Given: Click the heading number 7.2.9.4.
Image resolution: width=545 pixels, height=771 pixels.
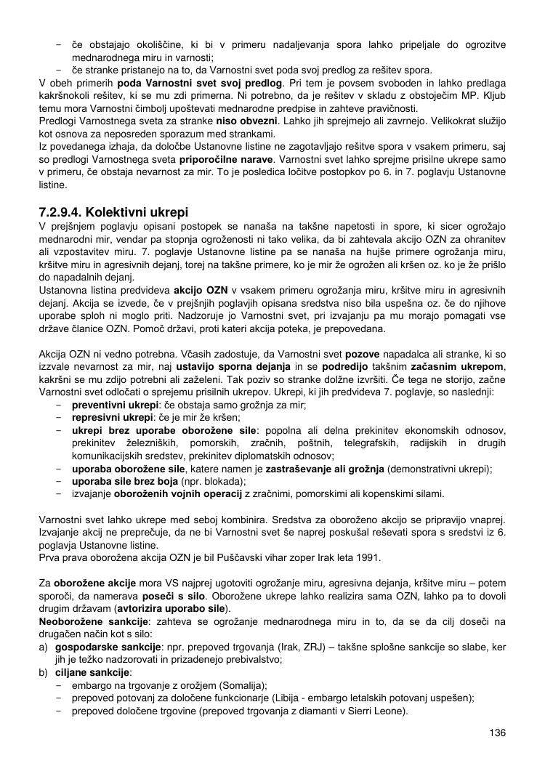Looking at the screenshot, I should click(x=60, y=213).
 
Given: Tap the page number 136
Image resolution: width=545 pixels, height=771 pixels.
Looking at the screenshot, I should click(x=497, y=732).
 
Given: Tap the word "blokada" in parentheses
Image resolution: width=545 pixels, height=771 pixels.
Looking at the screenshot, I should click(x=225, y=481).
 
